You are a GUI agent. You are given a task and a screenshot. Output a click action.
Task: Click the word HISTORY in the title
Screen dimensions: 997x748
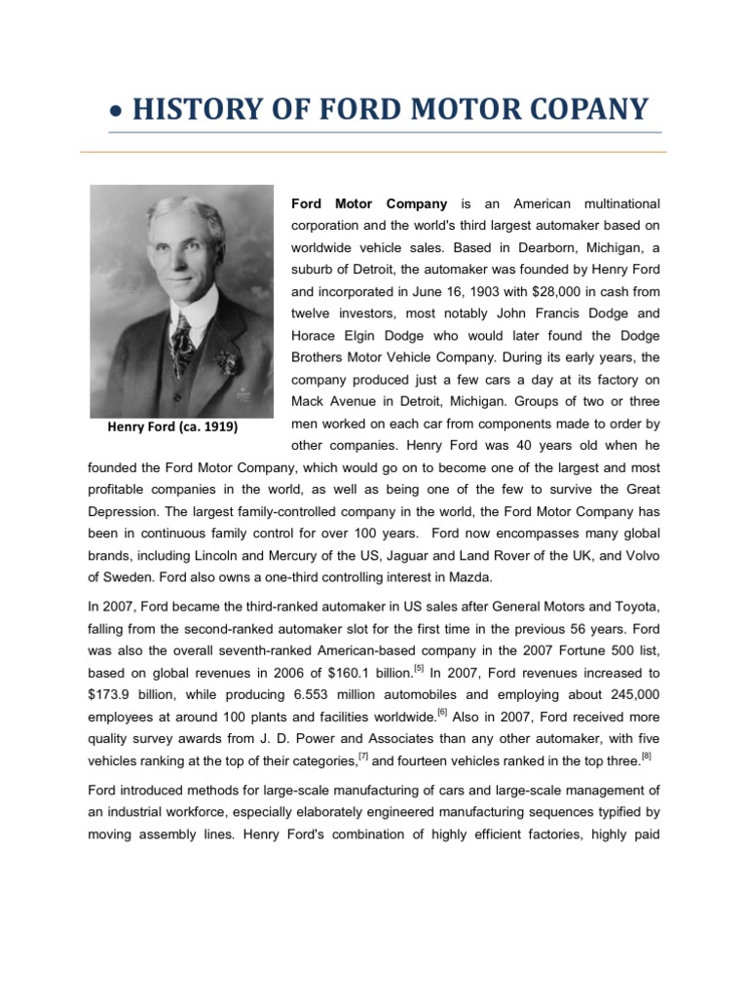pyautogui.click(x=188, y=108)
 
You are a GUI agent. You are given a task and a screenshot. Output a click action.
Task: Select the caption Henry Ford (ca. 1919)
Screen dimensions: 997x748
pyautogui.click(x=171, y=427)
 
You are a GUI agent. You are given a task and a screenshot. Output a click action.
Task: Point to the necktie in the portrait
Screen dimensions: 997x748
pyautogui.click(x=182, y=341)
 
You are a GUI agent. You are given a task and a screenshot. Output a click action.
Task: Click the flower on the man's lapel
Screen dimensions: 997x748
pyautogui.click(x=227, y=363)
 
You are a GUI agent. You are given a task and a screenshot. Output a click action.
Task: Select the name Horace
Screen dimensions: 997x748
pyautogui.click(x=317, y=335)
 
